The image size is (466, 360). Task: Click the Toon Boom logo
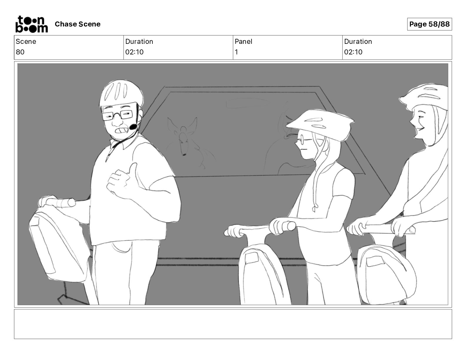(32, 24)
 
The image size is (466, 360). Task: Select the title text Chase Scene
(77, 24)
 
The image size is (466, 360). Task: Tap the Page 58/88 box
(429, 24)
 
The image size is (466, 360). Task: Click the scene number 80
(20, 52)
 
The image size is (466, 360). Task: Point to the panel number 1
(236, 52)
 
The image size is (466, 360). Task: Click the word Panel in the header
(243, 41)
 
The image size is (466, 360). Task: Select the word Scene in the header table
(26, 41)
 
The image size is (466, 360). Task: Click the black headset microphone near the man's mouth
(133, 127)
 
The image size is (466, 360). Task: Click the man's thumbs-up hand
(124, 180)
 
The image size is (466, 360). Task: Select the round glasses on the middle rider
(301, 140)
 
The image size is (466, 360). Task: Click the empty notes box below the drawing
(233, 324)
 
